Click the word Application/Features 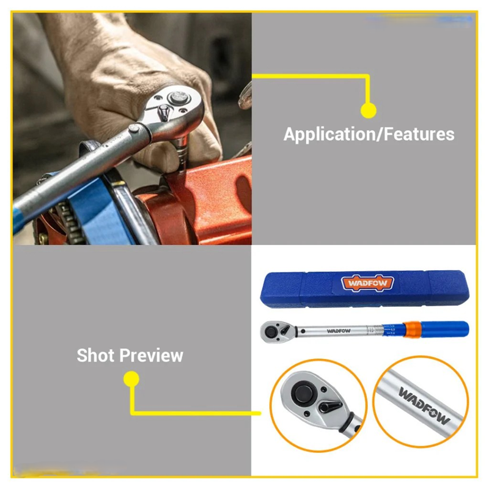(369, 134)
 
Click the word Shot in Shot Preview (95, 355)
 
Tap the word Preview (152, 356)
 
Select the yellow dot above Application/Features (369, 111)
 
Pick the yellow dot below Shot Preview (131, 379)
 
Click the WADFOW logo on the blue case (368, 283)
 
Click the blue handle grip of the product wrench (444, 329)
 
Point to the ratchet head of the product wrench (277, 332)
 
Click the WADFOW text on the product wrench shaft (339, 331)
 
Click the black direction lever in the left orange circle (331, 406)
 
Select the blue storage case (364, 289)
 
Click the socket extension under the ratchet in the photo (181, 153)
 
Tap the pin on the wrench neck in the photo (134, 128)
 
